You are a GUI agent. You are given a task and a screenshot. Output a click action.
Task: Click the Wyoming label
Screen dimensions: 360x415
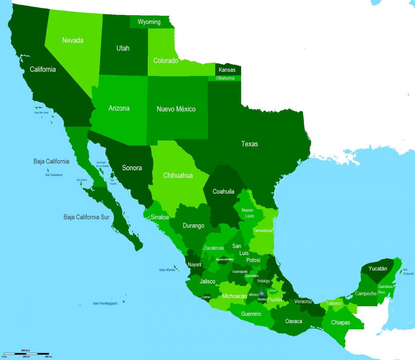coord(149,22)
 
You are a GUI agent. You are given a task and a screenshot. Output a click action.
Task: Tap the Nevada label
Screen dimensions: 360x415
coord(73,40)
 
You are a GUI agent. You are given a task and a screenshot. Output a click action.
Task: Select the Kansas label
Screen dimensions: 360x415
coord(227,70)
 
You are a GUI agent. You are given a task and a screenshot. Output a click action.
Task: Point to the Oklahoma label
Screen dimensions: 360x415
coord(225,78)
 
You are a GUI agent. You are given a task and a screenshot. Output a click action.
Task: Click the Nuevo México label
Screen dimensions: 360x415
coord(176,109)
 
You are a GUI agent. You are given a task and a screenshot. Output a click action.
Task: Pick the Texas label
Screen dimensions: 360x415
coord(249,144)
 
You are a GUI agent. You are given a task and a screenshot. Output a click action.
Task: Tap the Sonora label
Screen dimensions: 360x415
coord(132,168)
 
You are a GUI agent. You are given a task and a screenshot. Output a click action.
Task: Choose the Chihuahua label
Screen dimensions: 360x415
coord(178,175)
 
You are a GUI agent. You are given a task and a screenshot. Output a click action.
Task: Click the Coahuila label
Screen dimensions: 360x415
coord(223,191)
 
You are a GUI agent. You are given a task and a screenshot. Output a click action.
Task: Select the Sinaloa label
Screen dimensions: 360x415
coord(159,217)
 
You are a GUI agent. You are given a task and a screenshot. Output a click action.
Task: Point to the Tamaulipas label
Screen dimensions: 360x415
coord(263,231)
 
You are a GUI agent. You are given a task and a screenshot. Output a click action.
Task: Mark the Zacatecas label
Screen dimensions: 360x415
coord(214,248)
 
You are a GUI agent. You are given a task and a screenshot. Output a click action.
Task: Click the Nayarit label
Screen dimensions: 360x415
coord(194,264)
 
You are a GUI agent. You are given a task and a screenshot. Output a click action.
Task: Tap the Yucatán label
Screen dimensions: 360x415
coord(378,269)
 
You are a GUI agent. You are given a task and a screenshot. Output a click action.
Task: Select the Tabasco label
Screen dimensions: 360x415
coord(334,303)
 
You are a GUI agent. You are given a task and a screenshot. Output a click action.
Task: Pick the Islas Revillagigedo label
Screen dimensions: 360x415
coord(105,304)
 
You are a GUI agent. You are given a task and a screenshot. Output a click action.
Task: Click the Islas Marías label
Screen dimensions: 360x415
coord(167,270)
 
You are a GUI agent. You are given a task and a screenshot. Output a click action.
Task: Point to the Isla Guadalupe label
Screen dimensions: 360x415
coord(54,175)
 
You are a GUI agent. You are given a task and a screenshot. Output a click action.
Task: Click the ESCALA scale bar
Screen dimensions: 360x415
coord(26,353)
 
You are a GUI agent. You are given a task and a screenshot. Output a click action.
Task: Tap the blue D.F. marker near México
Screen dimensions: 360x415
coord(261,293)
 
